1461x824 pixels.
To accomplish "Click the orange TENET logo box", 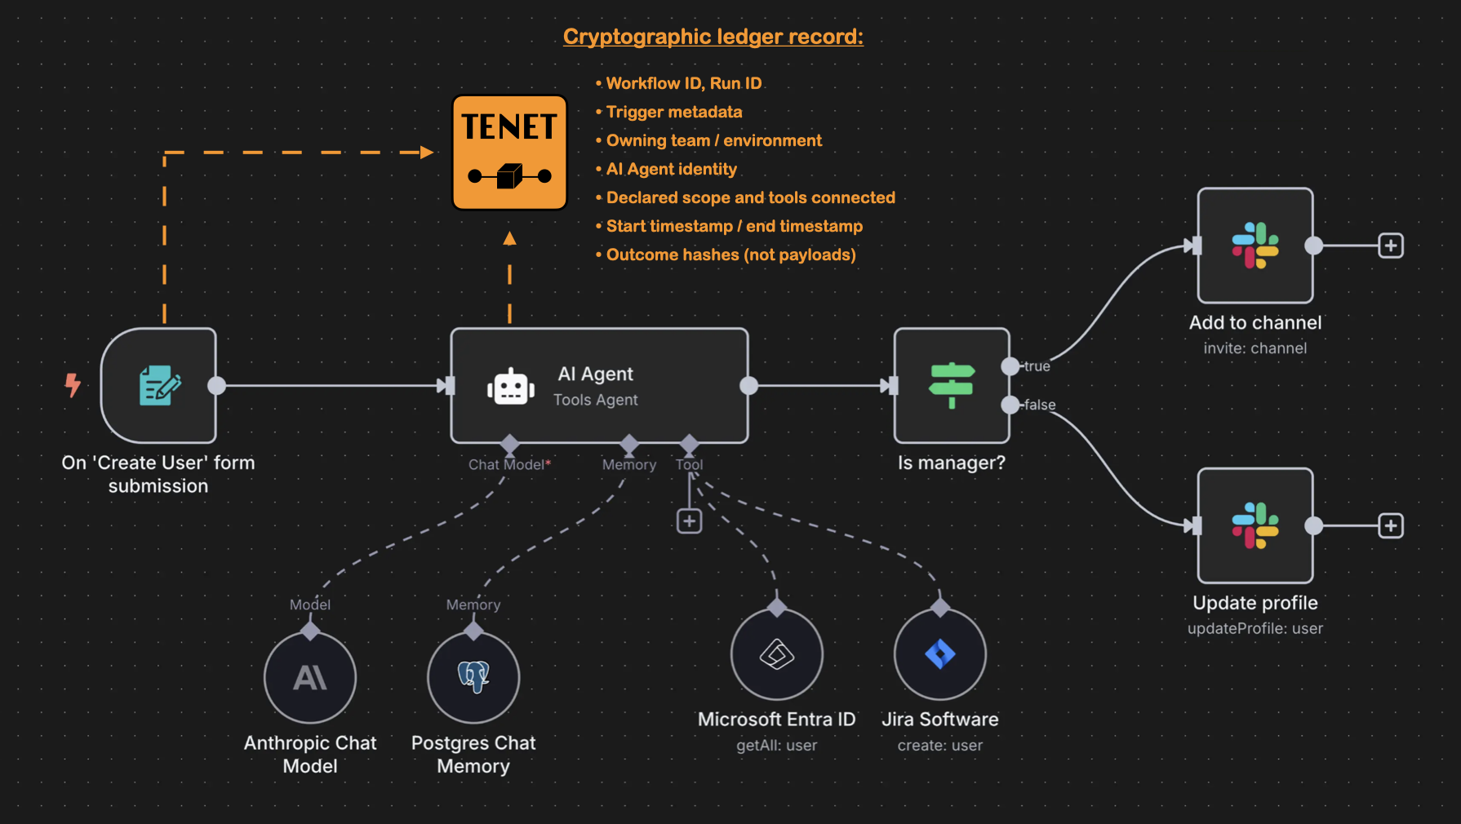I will click(509, 153).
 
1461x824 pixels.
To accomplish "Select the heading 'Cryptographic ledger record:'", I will click(713, 37).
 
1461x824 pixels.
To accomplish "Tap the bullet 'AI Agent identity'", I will click(671, 169).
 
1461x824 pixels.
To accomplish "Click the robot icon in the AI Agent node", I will click(511, 387).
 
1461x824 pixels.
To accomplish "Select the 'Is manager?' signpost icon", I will click(951, 385).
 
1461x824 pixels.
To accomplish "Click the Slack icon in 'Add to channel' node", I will click(1255, 245).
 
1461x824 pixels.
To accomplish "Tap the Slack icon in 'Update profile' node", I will click(1255, 525).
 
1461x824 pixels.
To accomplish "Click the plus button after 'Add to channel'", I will click(1391, 246).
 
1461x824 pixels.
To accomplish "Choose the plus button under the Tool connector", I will click(689, 521).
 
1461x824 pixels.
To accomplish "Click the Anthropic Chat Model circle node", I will click(310, 677).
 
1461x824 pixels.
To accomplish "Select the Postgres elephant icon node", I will click(473, 677).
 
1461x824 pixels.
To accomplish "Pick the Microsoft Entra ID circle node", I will click(776, 653).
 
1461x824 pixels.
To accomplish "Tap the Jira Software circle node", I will click(939, 653).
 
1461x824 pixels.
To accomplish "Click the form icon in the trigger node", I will click(160, 385).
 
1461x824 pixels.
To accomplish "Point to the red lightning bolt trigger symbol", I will click(73, 384).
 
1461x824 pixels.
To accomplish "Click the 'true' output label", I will click(1037, 366).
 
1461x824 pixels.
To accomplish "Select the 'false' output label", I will click(1040, 405).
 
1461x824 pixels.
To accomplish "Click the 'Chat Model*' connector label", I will click(508, 464).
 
